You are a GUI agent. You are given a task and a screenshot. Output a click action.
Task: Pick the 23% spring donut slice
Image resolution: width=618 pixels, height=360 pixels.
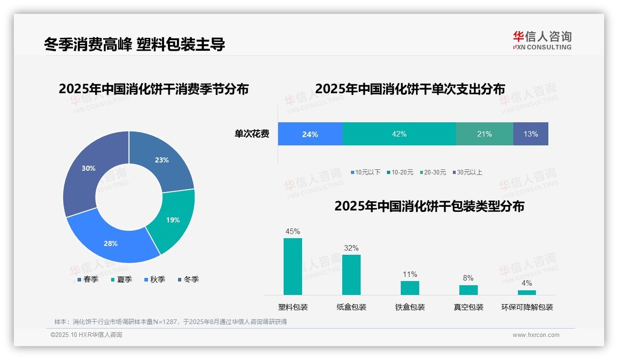click(164, 159)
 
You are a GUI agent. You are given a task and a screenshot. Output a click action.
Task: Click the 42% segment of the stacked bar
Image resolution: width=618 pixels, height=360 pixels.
click(399, 134)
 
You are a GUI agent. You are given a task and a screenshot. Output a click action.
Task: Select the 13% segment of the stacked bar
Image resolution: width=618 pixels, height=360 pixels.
click(530, 134)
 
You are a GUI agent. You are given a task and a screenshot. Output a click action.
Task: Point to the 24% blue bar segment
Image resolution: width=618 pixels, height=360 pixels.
click(310, 134)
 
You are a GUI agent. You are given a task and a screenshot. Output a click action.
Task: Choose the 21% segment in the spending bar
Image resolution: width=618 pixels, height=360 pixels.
click(484, 134)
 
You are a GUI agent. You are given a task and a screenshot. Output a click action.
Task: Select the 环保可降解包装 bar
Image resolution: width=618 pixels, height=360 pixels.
click(527, 292)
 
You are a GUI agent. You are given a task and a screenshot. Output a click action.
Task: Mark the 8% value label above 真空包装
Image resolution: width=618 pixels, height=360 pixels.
click(468, 278)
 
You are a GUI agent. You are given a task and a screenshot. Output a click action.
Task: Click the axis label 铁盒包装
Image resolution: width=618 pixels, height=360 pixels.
click(410, 307)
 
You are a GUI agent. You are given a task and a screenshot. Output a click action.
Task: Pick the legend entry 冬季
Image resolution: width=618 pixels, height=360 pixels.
click(189, 279)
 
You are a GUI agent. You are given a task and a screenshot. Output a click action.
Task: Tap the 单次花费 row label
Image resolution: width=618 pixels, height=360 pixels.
click(252, 134)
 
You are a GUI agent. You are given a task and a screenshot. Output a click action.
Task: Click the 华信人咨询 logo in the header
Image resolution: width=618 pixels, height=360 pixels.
click(542, 40)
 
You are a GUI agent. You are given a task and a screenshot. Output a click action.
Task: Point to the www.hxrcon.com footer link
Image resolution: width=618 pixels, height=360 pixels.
click(536, 335)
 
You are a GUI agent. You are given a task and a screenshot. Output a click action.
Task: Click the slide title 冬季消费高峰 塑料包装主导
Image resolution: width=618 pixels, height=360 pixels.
click(134, 44)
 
